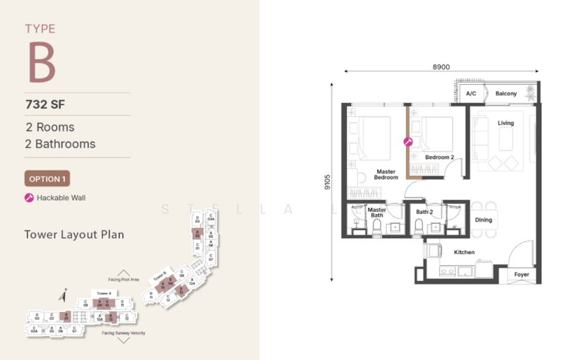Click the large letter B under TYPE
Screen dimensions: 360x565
click(42, 63)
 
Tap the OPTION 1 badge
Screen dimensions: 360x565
click(47, 179)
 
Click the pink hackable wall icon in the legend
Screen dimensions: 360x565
click(29, 198)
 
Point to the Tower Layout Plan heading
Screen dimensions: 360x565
click(73, 234)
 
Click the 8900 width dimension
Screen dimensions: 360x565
click(441, 67)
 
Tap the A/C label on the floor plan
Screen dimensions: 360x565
click(471, 94)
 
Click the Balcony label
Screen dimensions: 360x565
click(506, 94)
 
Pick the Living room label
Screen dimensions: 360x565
click(506, 124)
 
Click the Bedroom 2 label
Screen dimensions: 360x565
click(439, 157)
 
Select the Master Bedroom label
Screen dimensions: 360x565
click(386, 174)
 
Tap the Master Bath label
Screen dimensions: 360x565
click(376, 212)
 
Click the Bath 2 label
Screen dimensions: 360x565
click(424, 212)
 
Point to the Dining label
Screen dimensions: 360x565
click(483, 220)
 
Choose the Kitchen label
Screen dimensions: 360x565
click(464, 252)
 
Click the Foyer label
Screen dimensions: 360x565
click(521, 275)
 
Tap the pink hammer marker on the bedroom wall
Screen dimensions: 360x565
click(408, 141)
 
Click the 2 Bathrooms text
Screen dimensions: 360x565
click(61, 144)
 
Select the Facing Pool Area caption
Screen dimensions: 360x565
click(124, 280)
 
